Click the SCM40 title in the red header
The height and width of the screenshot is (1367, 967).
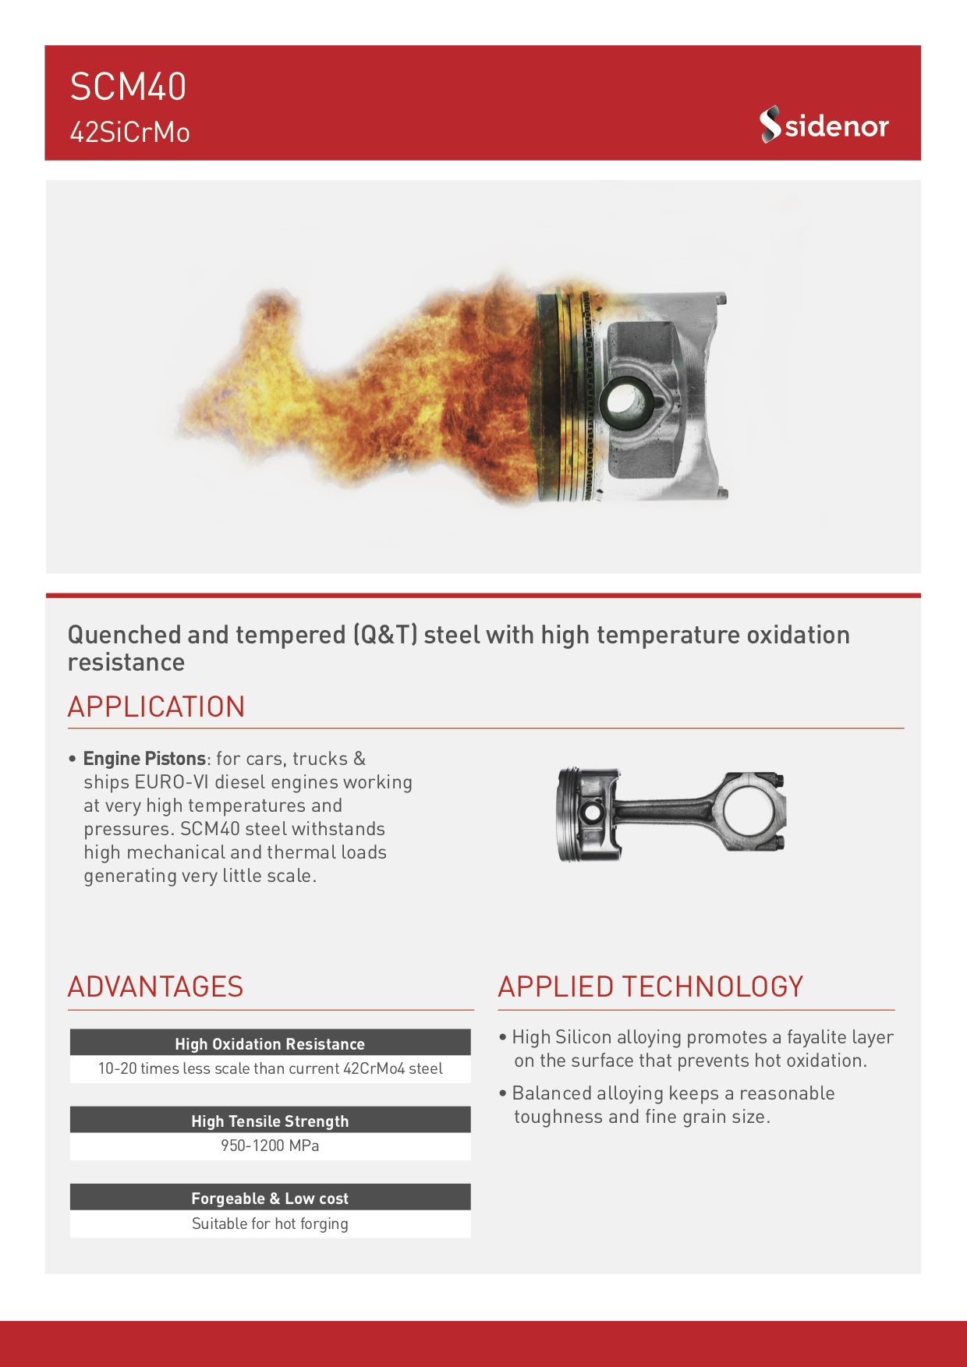click(128, 87)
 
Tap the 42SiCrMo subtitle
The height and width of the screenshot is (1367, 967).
click(129, 133)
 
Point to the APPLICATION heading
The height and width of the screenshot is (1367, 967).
click(156, 707)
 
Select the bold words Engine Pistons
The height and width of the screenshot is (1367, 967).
click(144, 759)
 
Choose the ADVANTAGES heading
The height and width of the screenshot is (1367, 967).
click(155, 986)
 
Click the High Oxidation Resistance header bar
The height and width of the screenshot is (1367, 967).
click(270, 1043)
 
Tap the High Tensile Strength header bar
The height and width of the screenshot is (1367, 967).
click(270, 1120)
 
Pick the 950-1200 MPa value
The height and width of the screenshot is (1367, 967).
click(270, 1146)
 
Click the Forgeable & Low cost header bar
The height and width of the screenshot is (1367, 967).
click(270, 1197)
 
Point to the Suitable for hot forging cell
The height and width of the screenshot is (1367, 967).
click(270, 1224)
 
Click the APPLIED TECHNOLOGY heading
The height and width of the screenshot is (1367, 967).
click(650, 986)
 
